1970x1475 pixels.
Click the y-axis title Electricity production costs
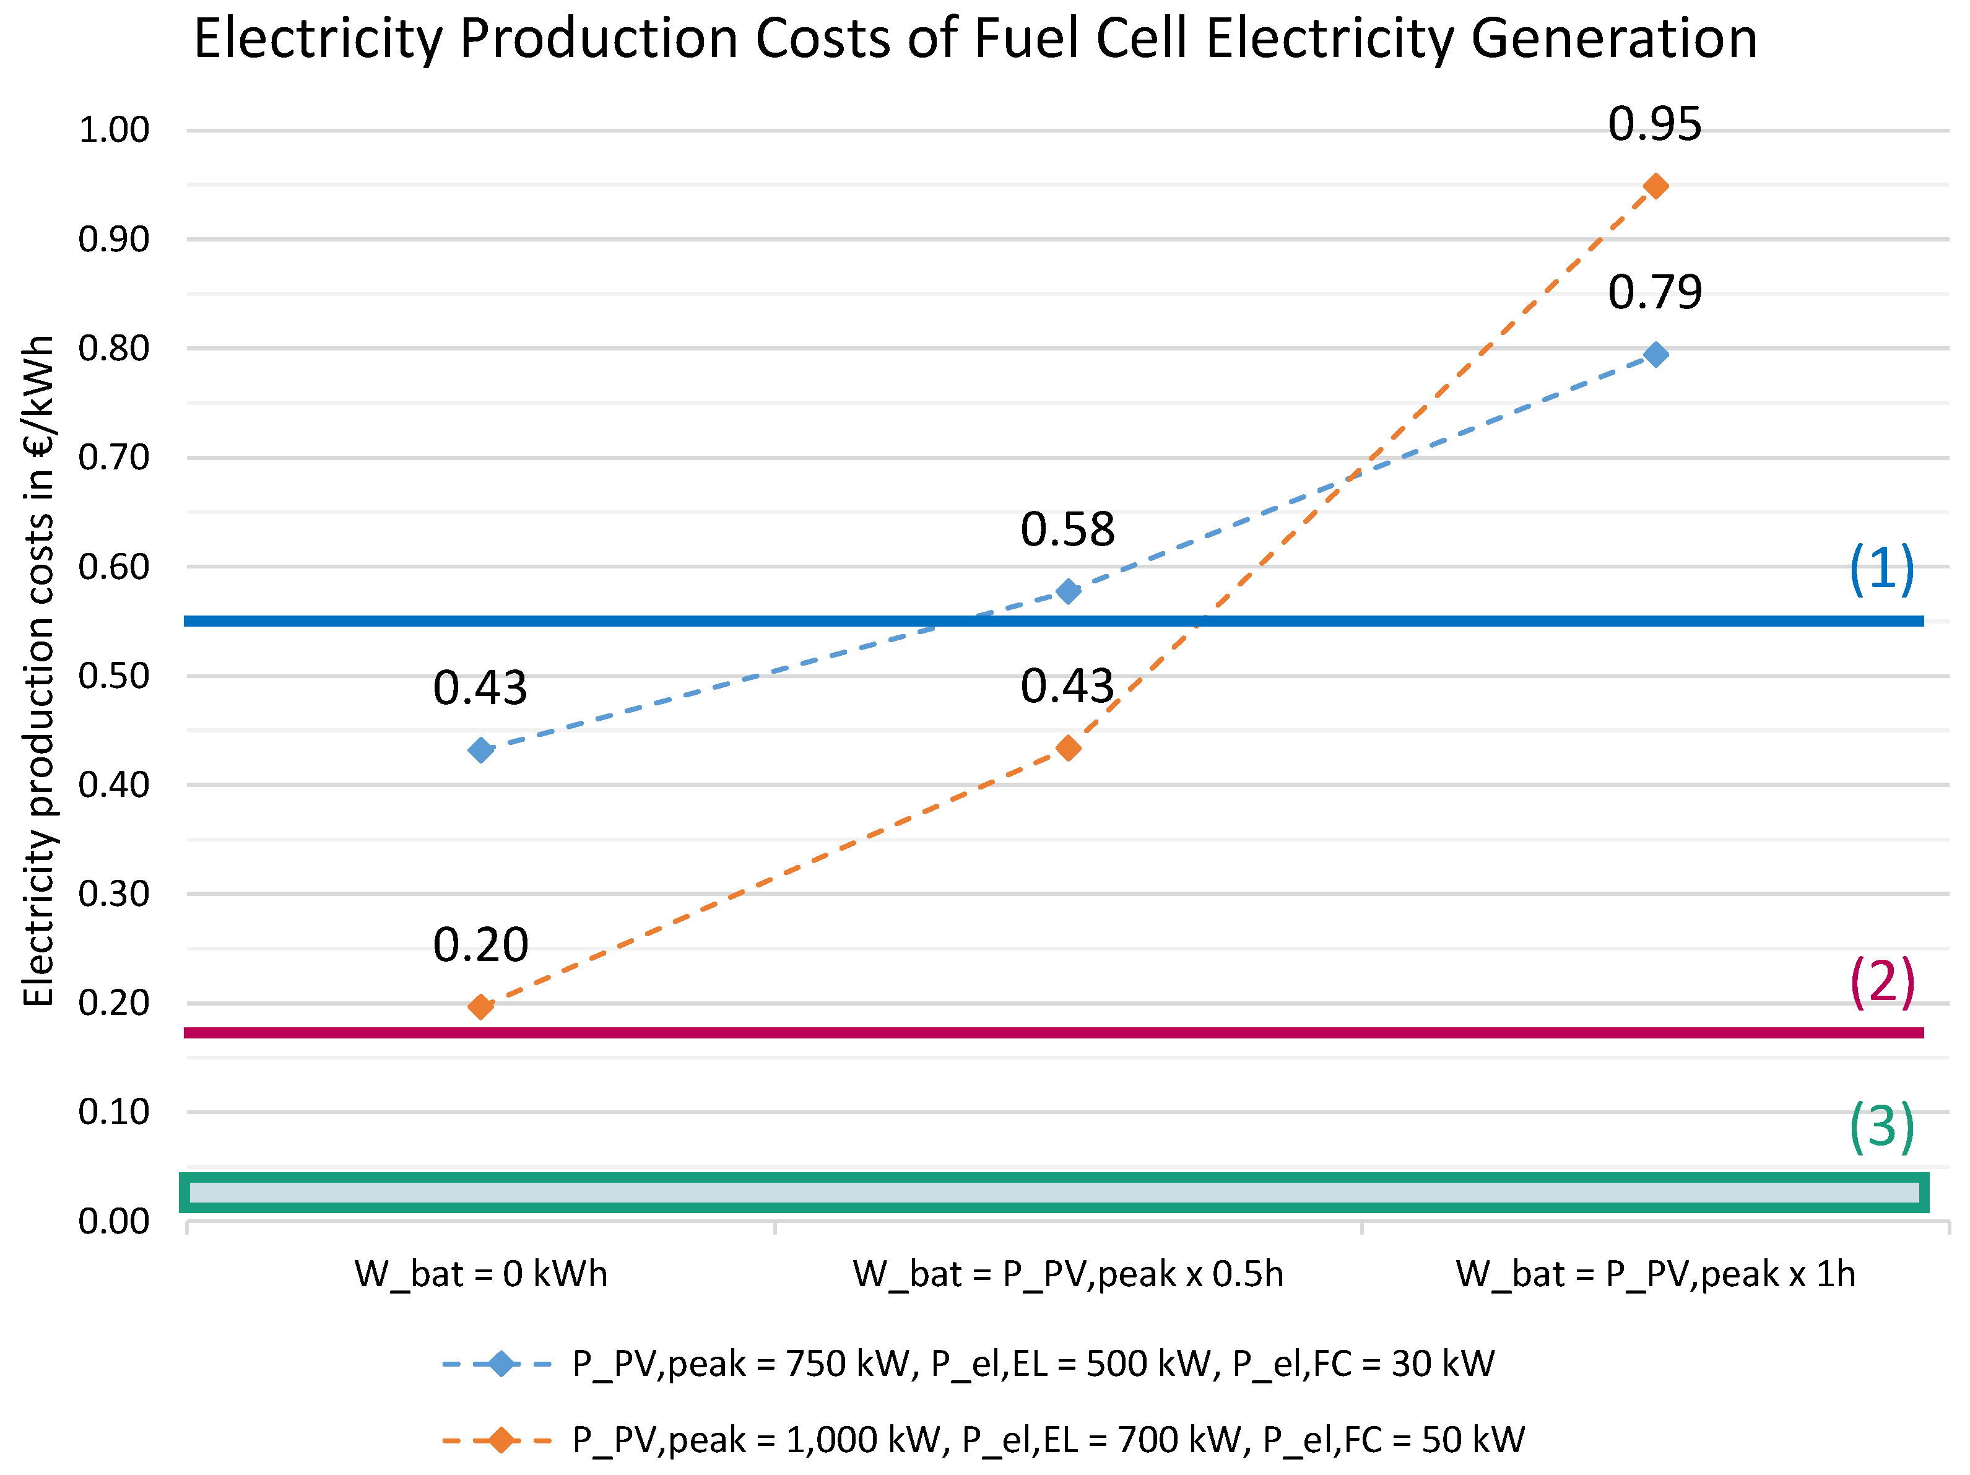tap(38, 670)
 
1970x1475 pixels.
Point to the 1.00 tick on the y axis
tap(114, 130)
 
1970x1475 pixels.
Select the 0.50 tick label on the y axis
tap(114, 676)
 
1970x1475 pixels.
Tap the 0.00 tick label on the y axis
tap(114, 1221)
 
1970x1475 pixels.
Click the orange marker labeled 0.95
tap(1655, 186)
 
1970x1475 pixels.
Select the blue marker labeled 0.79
tap(1655, 354)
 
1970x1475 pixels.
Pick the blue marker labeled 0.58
tap(1068, 591)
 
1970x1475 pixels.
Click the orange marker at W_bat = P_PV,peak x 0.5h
tap(1068, 748)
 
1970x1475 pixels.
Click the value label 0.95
tap(1654, 124)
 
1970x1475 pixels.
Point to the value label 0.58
tap(1067, 530)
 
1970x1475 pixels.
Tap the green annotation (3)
tap(1881, 1127)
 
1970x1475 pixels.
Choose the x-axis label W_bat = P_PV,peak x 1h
tap(1655, 1274)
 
